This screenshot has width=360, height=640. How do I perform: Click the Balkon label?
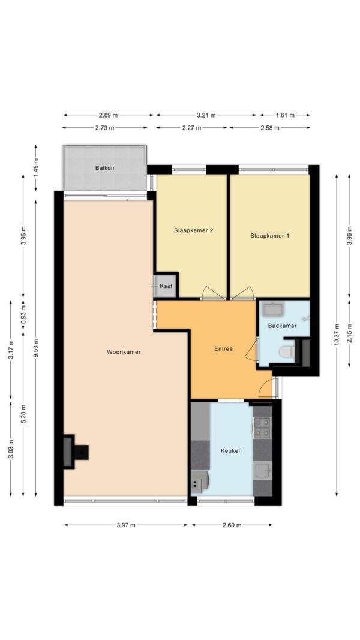point(104,168)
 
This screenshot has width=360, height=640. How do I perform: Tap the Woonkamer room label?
point(124,352)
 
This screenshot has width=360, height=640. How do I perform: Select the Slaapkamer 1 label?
point(270,236)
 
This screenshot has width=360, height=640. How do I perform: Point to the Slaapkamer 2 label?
point(194,230)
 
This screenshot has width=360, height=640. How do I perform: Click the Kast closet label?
point(166,286)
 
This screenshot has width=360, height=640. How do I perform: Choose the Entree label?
point(223,348)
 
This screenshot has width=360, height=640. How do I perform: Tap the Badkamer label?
point(282,326)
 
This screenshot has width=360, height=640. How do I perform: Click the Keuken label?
point(231,450)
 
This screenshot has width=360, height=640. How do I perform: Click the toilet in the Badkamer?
point(287,351)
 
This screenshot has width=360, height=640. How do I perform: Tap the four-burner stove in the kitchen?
point(262,427)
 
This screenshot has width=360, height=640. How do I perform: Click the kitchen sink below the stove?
point(263,471)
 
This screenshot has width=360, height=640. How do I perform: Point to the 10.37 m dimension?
point(337,335)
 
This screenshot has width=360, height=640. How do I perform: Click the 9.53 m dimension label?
point(36,348)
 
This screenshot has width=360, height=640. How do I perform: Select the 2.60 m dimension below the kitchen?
point(232,525)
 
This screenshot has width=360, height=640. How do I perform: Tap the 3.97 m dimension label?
point(126,525)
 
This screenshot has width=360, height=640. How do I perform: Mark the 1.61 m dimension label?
point(285,115)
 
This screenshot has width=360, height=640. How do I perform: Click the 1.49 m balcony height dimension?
point(36,168)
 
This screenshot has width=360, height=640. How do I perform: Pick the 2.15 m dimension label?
point(349,333)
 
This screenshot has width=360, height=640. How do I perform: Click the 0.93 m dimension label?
point(23,314)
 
